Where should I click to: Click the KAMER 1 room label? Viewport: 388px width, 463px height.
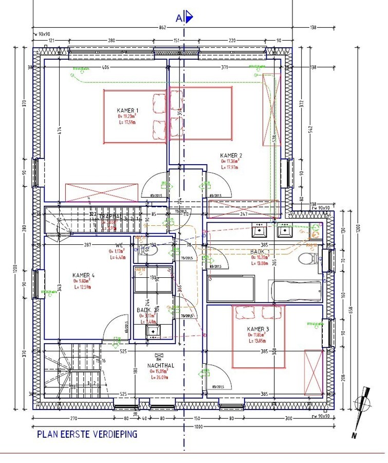tap(127, 111)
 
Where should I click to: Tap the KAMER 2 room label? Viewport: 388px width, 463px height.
tap(231, 155)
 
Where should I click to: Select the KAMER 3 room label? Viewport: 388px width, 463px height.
tap(258, 329)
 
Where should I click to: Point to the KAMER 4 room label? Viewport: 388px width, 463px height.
tap(83, 275)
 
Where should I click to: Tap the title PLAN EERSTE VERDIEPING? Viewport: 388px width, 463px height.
tap(87, 434)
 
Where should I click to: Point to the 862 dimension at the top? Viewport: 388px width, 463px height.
tap(162, 27)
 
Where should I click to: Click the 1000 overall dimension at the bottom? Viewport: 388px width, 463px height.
tap(198, 427)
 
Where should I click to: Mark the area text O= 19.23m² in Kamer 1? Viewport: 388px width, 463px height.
tap(127, 116)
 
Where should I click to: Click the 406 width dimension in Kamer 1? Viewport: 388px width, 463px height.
tap(105, 67)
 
